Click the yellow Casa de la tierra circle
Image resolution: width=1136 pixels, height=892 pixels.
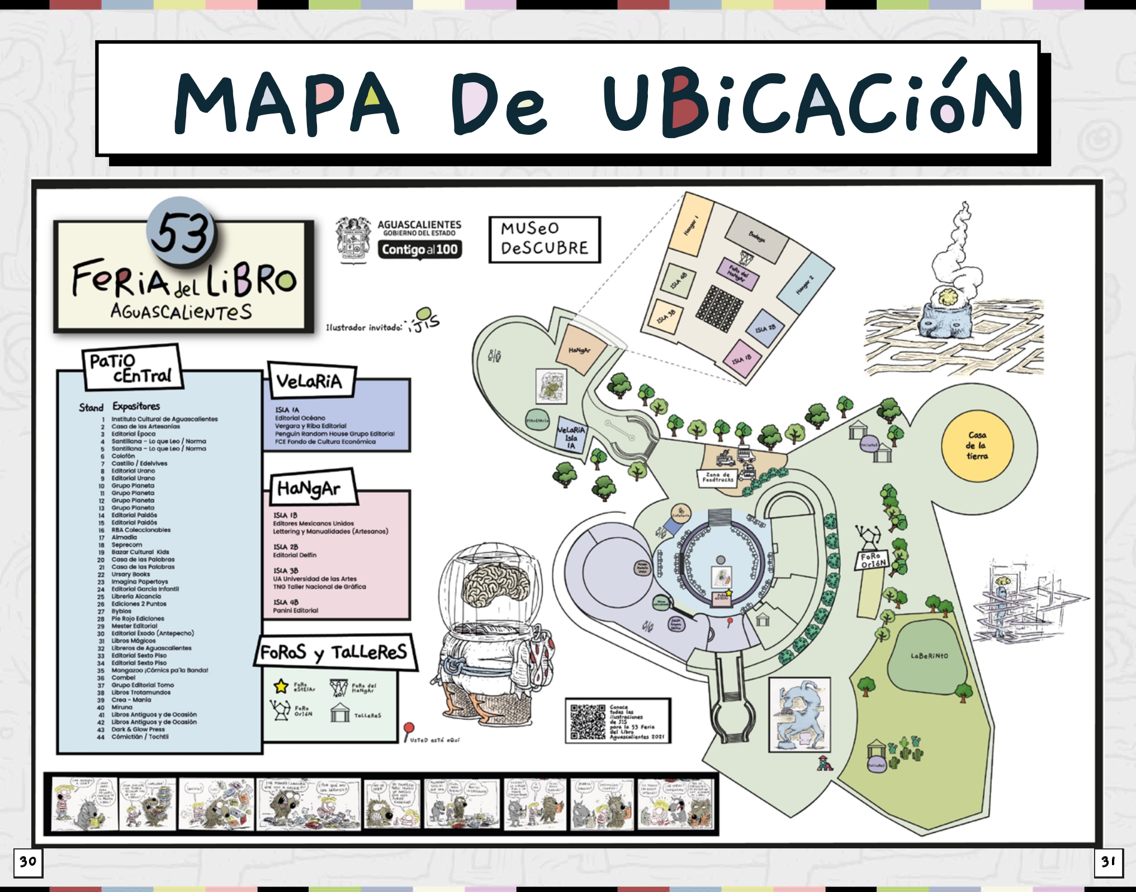(977, 445)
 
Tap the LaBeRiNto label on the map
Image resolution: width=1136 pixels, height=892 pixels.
(929, 656)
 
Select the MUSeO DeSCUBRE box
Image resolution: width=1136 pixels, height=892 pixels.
(545, 239)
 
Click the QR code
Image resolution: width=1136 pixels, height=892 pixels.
(588, 721)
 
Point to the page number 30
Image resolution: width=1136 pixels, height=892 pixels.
(28, 862)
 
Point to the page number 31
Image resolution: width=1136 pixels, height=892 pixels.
(1108, 862)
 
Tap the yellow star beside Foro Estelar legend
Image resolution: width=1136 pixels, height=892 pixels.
(281, 686)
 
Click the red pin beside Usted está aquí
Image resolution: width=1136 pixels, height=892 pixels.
(409, 728)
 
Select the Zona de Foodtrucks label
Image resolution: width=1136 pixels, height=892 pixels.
(717, 478)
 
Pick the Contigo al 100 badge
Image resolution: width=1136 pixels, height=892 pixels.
(420, 249)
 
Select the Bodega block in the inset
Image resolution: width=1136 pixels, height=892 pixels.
(757, 238)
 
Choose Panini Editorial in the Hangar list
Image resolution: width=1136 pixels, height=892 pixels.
(295, 611)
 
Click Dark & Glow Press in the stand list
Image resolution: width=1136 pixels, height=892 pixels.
(138, 729)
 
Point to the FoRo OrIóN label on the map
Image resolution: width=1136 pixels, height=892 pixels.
(873, 560)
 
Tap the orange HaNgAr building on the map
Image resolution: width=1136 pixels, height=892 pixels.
(580, 351)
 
